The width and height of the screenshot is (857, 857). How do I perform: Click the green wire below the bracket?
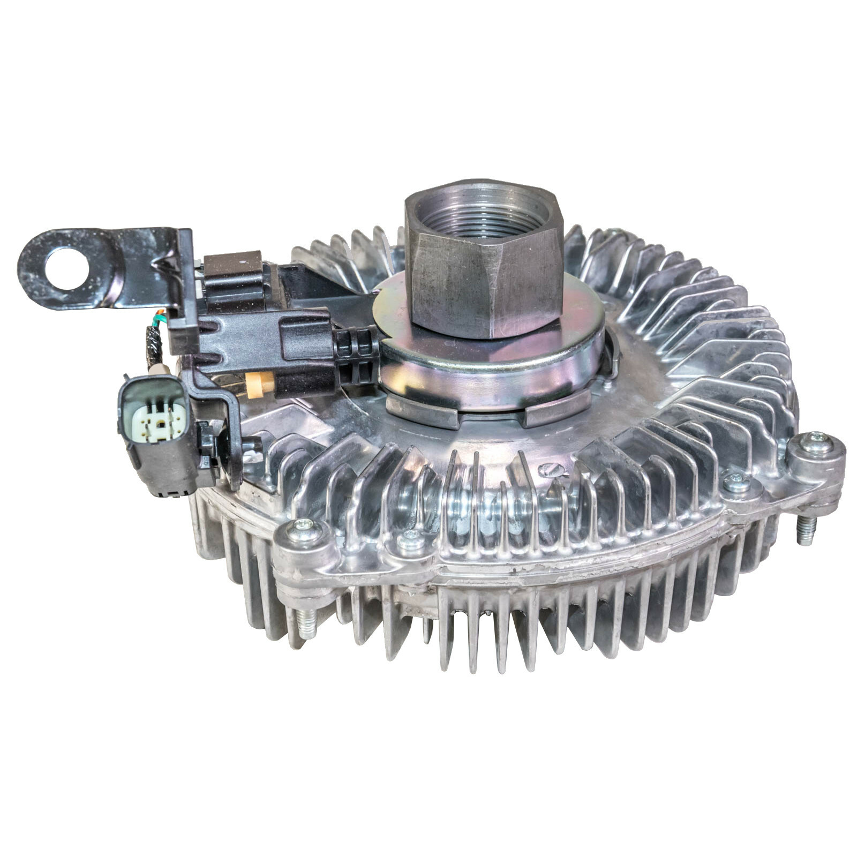[x=159, y=318]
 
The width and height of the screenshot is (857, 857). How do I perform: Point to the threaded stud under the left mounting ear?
[x=307, y=624]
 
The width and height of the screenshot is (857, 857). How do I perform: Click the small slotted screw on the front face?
[x=552, y=470]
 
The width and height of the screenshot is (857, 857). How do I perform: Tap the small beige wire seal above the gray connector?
[x=159, y=370]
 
